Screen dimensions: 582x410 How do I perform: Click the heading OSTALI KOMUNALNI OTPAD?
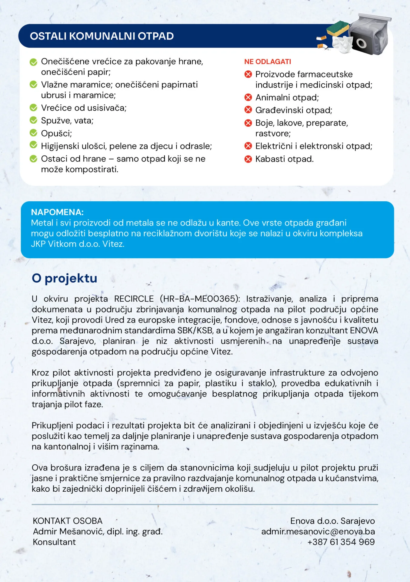102,36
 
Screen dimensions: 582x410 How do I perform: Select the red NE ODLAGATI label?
268,62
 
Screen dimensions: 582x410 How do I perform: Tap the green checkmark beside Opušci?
33,133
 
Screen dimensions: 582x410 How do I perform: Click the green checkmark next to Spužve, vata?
33,120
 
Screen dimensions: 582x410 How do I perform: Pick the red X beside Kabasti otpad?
248,159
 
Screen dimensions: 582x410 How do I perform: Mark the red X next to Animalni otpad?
248,97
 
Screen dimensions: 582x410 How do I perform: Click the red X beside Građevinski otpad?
248,110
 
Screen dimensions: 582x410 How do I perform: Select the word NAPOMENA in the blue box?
57,212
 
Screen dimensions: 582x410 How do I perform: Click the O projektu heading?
65,278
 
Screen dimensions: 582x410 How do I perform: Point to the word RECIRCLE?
134,299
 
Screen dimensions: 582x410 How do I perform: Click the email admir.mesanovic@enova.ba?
318,531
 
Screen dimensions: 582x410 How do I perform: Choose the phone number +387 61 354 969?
341,542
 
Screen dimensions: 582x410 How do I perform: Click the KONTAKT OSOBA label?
68,521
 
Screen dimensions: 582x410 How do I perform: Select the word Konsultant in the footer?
54,542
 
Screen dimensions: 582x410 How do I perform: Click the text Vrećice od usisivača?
84,108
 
